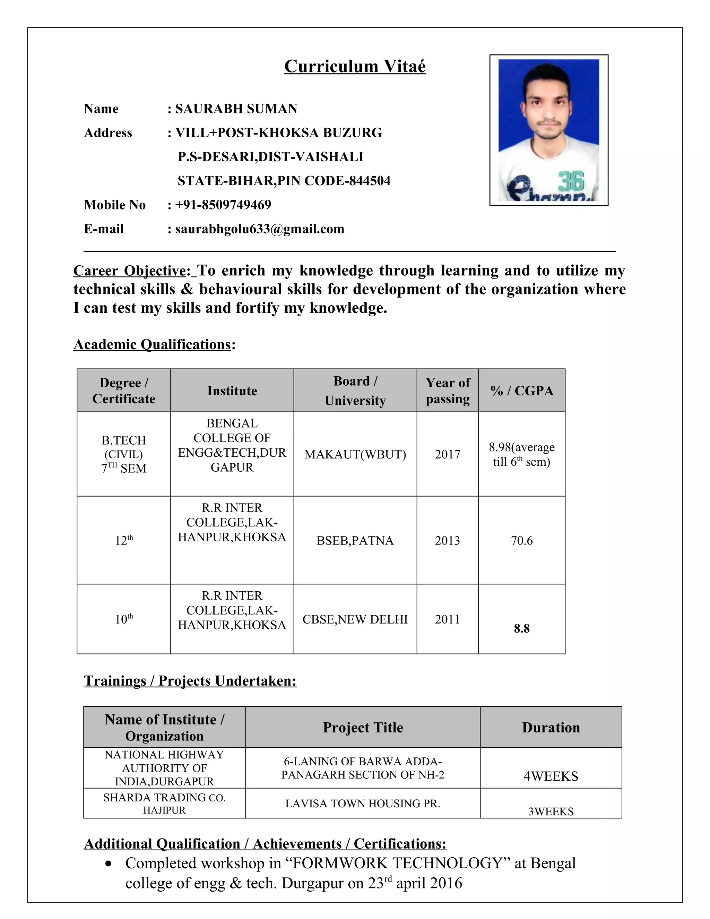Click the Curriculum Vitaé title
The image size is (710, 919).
coord(355,67)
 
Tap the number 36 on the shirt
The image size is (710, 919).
coord(571,181)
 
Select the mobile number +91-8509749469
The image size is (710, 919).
coord(223,205)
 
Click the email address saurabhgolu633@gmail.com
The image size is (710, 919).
coord(260,229)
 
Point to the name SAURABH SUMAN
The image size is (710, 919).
coord(236,109)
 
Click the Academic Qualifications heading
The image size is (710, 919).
coord(152,345)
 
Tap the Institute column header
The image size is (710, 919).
coord(232,391)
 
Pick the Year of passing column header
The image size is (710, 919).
coord(447,391)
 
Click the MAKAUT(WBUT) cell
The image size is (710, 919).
coord(355,454)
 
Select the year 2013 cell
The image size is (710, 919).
coord(447,541)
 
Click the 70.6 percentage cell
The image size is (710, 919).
coord(521,541)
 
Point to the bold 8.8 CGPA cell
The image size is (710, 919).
coord(521,629)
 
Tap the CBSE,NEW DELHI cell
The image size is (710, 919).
coord(355,619)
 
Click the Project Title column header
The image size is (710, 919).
coord(363,728)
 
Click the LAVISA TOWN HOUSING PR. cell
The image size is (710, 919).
coord(363,804)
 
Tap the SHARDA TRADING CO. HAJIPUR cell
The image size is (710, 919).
coord(164,804)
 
